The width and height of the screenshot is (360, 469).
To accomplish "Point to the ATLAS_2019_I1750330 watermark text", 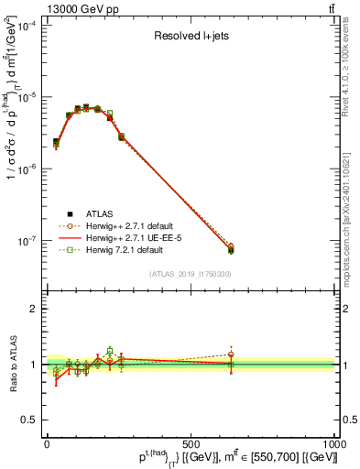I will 190,273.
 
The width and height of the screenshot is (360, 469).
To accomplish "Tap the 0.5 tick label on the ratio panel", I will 30,420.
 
